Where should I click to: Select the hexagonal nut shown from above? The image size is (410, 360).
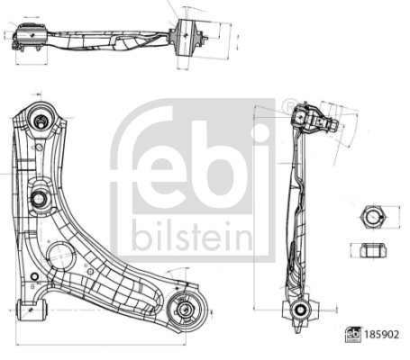tap(369, 217)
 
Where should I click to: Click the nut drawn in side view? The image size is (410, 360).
tap(369, 249)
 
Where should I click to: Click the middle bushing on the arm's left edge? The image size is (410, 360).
tap(40, 199)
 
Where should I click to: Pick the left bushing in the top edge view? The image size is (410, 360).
tap(29, 37)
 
